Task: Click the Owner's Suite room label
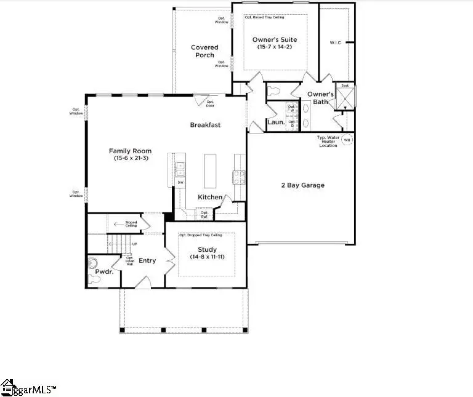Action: point(275,40)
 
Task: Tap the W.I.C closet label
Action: point(335,43)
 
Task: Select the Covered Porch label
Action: point(204,51)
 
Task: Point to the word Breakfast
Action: point(205,125)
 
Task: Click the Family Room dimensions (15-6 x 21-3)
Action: point(130,158)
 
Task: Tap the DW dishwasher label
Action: point(180,182)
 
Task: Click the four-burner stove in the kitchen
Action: point(238,177)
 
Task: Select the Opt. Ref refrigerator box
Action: point(204,214)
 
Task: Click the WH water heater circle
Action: point(346,140)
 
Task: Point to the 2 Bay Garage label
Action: point(302,185)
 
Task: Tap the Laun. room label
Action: point(275,122)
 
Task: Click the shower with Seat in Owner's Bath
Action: point(345,98)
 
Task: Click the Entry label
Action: point(147,261)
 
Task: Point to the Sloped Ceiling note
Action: point(131,225)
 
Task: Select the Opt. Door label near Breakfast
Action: point(210,103)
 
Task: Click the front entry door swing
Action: point(143,283)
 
